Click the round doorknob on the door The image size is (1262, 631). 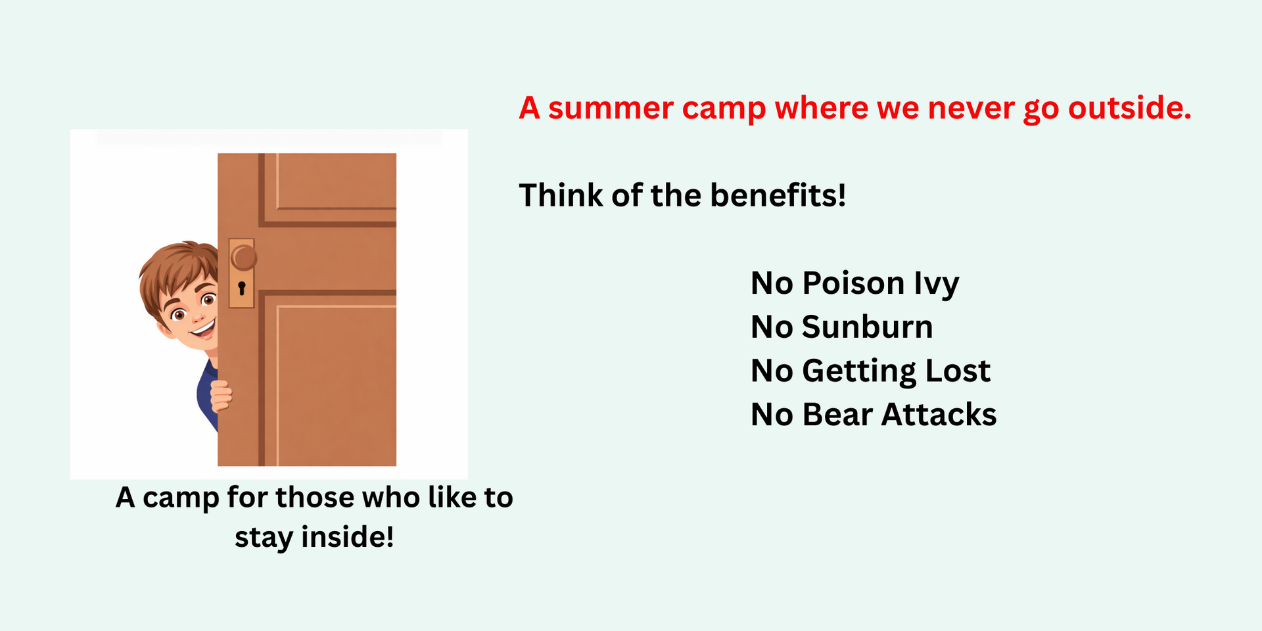pyautogui.click(x=244, y=257)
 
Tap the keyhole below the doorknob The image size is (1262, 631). pyautogui.click(x=241, y=288)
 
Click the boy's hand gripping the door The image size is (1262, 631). pyautogui.click(x=221, y=396)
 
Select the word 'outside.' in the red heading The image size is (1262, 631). pyautogui.click(x=1130, y=108)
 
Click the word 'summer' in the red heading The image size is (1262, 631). pyautogui.click(x=611, y=108)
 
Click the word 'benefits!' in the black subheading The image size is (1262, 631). pyautogui.click(x=778, y=195)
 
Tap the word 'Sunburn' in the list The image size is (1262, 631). pyautogui.click(x=867, y=327)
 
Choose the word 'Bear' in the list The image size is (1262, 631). pyautogui.click(x=837, y=415)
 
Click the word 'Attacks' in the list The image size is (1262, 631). pyautogui.click(x=939, y=415)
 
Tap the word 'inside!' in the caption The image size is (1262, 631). pyautogui.click(x=348, y=537)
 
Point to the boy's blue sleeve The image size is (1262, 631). pyautogui.click(x=206, y=394)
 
